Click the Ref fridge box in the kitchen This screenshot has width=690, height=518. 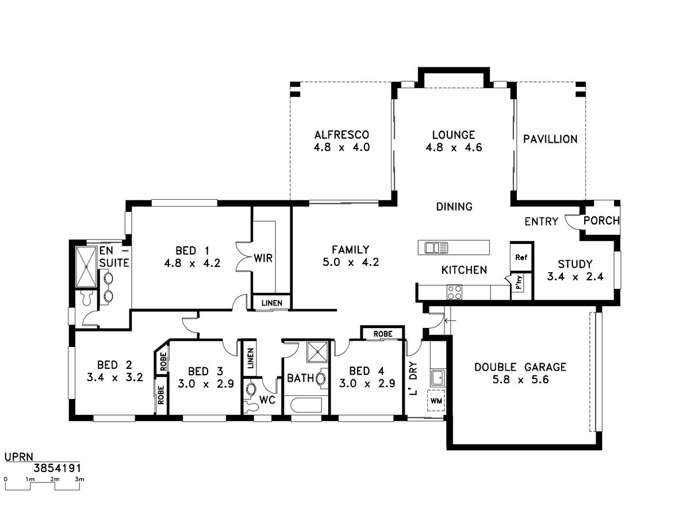click(x=520, y=257)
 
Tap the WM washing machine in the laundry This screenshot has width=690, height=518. click(x=436, y=401)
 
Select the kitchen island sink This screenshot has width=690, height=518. click(x=436, y=247)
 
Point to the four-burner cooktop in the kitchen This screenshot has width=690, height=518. click(x=454, y=292)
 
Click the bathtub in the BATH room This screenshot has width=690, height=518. click(x=306, y=405)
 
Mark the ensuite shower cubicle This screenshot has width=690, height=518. click(x=86, y=266)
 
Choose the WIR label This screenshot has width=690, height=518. click(x=263, y=258)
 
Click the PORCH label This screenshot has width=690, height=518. click(x=601, y=221)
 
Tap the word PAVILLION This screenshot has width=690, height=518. click(x=550, y=139)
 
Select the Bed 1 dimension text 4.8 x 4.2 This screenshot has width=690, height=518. click(x=192, y=263)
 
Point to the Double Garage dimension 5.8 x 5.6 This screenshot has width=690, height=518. click(x=520, y=380)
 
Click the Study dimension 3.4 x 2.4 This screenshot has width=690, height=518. click(x=575, y=277)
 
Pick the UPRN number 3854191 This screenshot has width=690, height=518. click(x=57, y=469)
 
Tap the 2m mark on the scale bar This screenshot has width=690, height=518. click(x=55, y=479)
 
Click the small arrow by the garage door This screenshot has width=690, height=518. click(x=450, y=321)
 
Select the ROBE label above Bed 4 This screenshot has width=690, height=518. click(x=383, y=334)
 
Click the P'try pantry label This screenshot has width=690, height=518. click(x=519, y=282)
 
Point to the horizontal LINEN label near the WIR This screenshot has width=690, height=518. click(x=272, y=303)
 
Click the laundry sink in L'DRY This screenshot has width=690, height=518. click(x=437, y=378)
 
